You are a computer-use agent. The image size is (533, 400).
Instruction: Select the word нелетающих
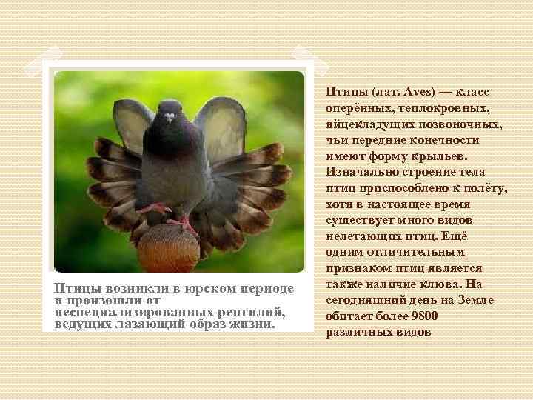pos(363,236)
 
